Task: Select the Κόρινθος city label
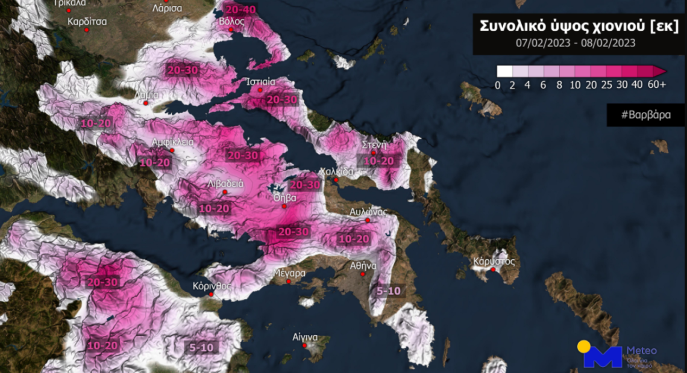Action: click(x=212, y=286)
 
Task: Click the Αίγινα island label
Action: click(x=304, y=337)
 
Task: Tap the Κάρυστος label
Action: click(x=494, y=261)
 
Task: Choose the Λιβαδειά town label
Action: click(x=225, y=183)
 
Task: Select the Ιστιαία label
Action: click(x=261, y=81)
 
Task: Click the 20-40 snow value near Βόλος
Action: click(x=240, y=9)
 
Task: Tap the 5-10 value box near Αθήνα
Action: click(x=388, y=291)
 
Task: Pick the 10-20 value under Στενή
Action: click(x=378, y=161)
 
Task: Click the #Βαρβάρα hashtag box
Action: click(x=646, y=114)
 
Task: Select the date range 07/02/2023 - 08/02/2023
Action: click(x=576, y=43)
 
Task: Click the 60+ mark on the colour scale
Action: click(x=656, y=85)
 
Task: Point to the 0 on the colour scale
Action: click(x=498, y=85)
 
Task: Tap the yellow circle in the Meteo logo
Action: click(x=583, y=346)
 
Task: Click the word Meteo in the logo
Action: click(x=642, y=350)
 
